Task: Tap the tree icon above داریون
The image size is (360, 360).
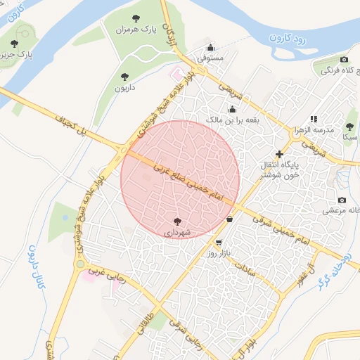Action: pyautogui.click(x=125, y=76)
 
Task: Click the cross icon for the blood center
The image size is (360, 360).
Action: pyautogui.click(x=279, y=153)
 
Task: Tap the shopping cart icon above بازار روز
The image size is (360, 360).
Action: pyautogui.click(x=219, y=243)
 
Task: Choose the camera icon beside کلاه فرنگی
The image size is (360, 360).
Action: pyautogui.click(x=344, y=60)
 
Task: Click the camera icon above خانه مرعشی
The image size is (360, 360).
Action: pyautogui.click(x=342, y=200)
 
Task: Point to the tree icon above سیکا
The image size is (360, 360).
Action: pyautogui.click(x=349, y=127)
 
